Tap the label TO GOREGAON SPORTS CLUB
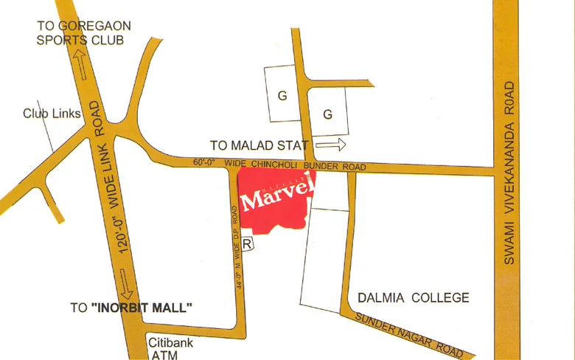[x=83, y=32]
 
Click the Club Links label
[x=52, y=114]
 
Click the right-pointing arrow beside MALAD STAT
[x=330, y=145]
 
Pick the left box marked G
[x=281, y=94]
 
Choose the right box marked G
[x=328, y=114]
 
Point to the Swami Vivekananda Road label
[x=508, y=173]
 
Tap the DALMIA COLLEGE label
[x=413, y=298]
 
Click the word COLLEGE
[x=440, y=298]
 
